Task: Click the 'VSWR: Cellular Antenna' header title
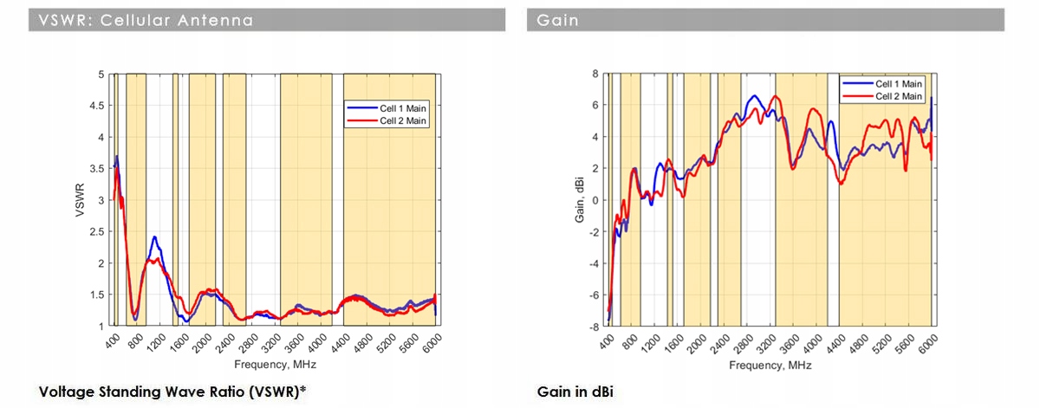(x=146, y=20)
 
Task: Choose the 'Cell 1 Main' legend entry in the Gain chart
(x=899, y=84)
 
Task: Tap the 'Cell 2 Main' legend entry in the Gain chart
(x=899, y=96)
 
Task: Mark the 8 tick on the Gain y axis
(x=595, y=74)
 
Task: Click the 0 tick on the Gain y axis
(x=595, y=200)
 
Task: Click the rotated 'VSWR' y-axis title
(x=79, y=200)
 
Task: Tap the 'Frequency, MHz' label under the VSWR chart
(x=274, y=364)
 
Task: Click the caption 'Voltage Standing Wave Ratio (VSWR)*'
(x=172, y=392)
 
